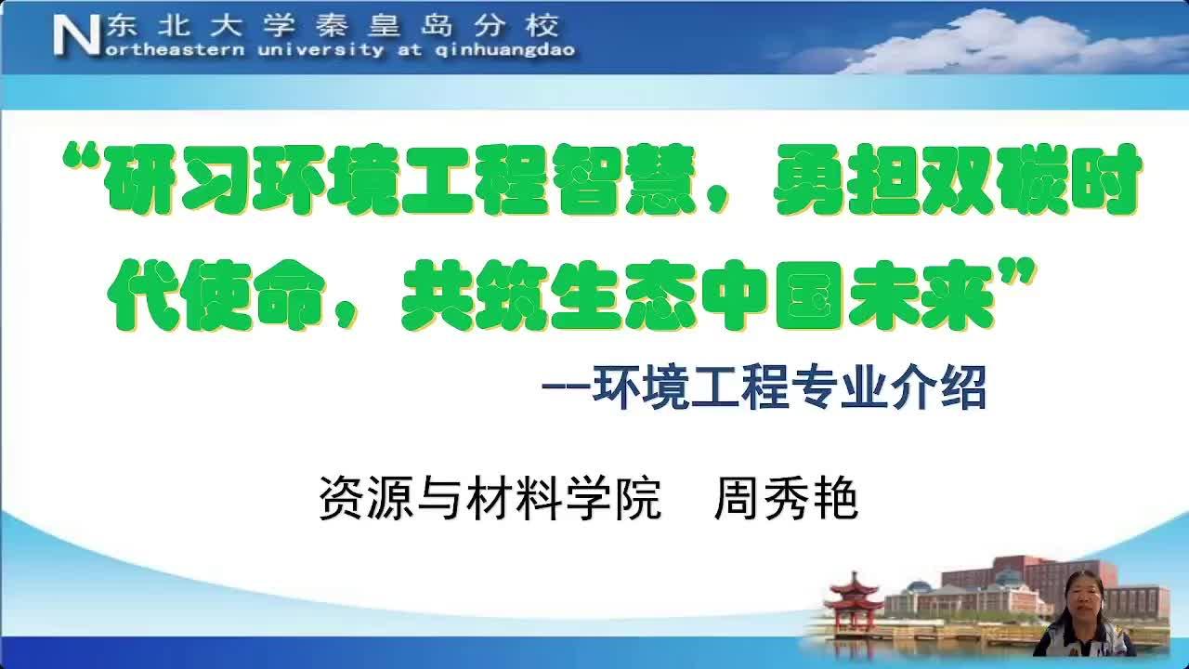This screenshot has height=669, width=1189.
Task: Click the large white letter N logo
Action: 77,35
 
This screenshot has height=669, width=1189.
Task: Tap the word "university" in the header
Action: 320,50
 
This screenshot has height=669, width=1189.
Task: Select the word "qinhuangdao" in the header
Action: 504,50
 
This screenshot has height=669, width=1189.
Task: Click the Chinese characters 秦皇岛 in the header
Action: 385,25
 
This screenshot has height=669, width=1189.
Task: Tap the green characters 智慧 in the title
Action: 622,178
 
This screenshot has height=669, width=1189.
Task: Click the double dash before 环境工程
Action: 566,387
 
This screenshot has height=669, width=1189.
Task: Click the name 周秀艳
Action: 786,499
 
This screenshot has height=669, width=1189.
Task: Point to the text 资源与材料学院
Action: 490,499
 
